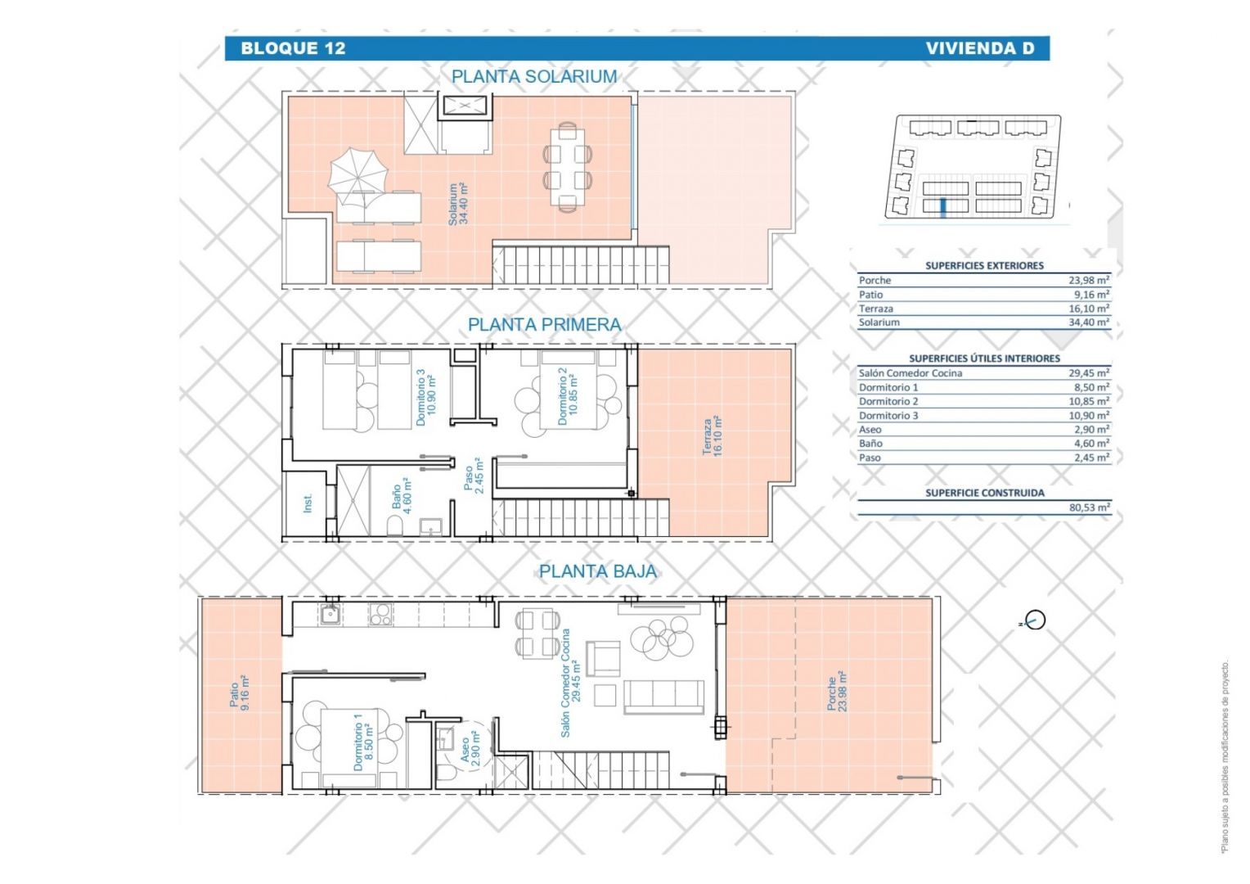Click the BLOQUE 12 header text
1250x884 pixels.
coord(293,48)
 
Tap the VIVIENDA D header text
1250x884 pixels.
coord(980,48)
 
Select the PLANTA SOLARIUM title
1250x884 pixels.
coord(534,76)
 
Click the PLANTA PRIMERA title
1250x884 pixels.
coord(544,324)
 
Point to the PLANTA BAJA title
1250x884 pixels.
coord(598,571)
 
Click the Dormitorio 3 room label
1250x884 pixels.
coord(425,397)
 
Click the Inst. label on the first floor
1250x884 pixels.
coord(308,503)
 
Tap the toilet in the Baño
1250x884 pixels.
coord(394,526)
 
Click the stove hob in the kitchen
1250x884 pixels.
coord(380,615)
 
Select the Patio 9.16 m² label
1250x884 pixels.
coord(240,692)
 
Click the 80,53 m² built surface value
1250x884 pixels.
coord(1090,507)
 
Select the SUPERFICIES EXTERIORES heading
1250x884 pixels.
coord(984,266)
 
